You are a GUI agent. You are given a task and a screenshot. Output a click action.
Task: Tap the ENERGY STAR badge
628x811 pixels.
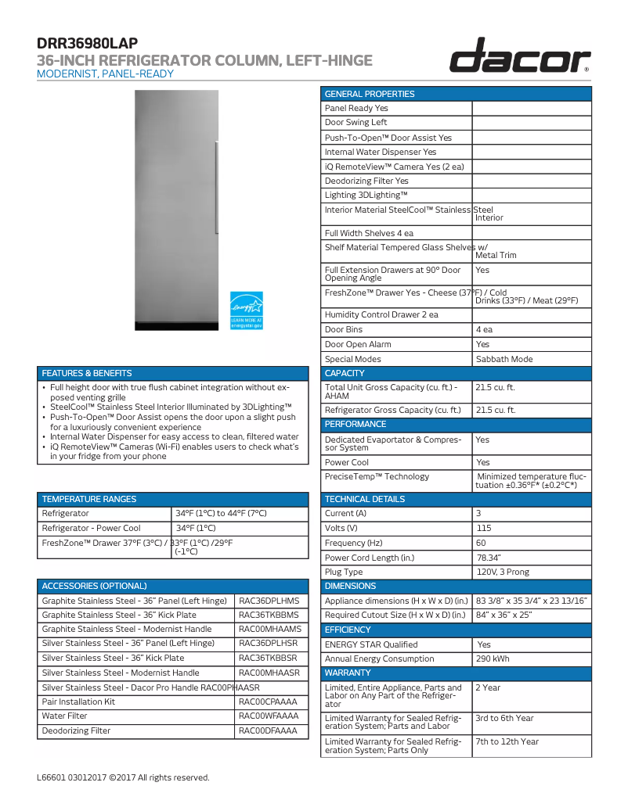[246, 310]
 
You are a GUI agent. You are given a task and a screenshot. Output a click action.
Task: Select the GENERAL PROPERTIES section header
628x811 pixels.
[370, 94]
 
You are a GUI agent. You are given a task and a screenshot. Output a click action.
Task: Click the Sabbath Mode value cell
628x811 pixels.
[504, 359]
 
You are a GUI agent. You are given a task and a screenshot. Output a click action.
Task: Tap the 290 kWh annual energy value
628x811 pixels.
[493, 658]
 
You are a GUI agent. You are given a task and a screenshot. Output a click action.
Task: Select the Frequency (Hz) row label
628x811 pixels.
[354, 543]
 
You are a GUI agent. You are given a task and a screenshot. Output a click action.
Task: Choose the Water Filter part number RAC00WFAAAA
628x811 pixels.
[269, 716]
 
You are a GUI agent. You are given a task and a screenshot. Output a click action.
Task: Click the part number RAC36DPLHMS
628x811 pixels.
[269, 601]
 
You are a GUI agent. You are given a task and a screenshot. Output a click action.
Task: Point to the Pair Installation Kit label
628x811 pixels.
[78, 702]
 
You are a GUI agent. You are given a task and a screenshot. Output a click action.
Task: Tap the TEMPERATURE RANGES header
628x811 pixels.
[89, 499]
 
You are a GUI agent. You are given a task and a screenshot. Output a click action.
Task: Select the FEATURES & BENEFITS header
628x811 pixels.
[87, 373]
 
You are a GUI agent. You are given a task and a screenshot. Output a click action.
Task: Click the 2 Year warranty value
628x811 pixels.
[488, 687]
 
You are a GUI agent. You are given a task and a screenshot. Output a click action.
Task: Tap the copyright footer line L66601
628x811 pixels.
[123, 777]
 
